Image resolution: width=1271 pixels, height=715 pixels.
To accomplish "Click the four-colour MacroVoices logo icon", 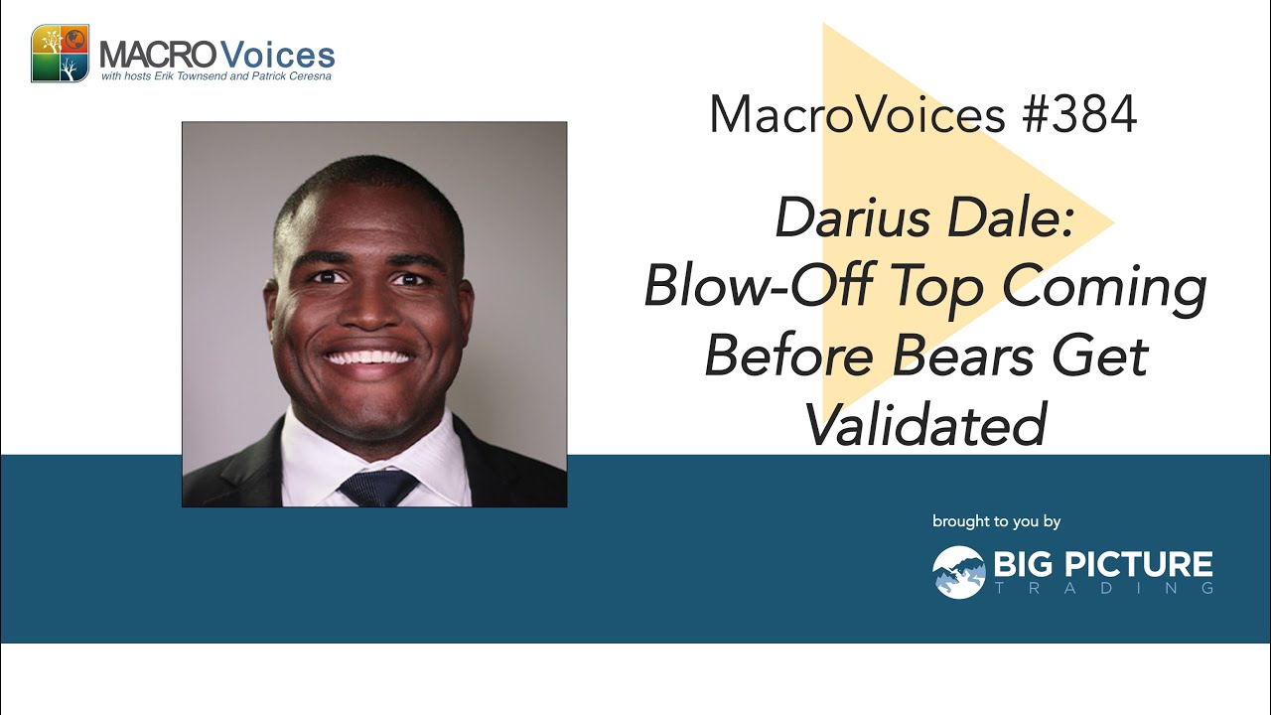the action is point(61,54).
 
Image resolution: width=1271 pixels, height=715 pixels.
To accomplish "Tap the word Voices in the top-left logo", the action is point(277,56).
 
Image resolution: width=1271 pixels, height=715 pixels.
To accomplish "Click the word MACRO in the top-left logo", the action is point(158,57).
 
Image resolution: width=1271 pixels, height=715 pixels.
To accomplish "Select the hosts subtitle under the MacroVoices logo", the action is point(216,76).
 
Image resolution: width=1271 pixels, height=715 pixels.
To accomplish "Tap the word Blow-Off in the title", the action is point(759,286).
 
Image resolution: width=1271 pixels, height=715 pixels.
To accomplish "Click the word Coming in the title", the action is point(1104,289).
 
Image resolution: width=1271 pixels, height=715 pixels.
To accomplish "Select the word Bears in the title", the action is point(963,357).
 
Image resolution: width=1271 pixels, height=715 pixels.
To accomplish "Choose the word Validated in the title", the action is point(926,424).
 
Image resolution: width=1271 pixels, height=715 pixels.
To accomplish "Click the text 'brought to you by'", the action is point(996,521).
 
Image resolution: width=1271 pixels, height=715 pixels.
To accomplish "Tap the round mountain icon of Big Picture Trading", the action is point(959,572).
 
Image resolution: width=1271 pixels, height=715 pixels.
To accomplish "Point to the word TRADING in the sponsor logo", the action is point(1104,588).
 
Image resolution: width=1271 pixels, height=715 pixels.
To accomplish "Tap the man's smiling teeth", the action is point(368,357).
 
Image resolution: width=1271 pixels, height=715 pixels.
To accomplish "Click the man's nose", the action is point(370,310).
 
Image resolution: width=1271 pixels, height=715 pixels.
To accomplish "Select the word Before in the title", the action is point(789,357).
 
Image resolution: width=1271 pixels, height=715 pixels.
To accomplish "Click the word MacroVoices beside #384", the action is point(857,114).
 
